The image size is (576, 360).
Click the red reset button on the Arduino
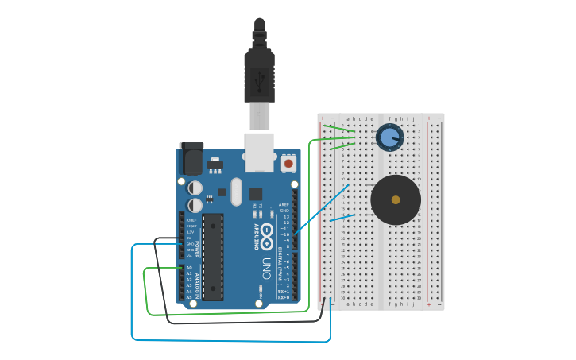(288, 164)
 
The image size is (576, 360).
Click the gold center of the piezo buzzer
(396, 199)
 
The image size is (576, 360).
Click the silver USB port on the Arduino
(260, 152)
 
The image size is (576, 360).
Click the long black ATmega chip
(212, 256)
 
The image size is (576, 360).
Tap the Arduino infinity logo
(267, 234)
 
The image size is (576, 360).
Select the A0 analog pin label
(189, 268)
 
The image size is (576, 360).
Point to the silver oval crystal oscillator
(236, 192)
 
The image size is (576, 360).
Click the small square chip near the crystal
(255, 193)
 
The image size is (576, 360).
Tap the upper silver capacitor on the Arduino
(195, 188)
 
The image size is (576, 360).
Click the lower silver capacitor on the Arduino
(195, 205)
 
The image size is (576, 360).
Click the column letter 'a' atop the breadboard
(347, 118)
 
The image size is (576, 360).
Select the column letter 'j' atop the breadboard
(413, 118)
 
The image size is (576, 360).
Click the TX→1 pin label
(284, 292)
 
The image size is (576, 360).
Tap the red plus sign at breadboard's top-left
(322, 118)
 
